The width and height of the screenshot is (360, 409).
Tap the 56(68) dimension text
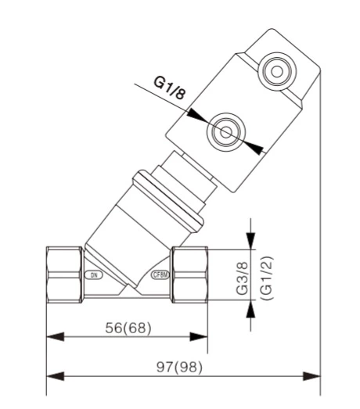tap(128, 326)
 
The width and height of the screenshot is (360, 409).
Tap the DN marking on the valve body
tap(93, 275)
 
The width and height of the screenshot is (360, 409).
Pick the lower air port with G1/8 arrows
tap(225, 132)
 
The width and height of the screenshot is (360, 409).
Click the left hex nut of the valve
tap(64, 275)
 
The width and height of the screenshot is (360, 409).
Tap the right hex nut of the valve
tap(190, 275)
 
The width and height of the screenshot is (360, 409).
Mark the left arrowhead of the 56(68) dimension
tap(52, 338)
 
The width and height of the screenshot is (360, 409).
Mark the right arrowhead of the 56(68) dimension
tap(203, 338)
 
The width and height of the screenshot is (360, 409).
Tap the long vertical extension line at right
tap(320, 235)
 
